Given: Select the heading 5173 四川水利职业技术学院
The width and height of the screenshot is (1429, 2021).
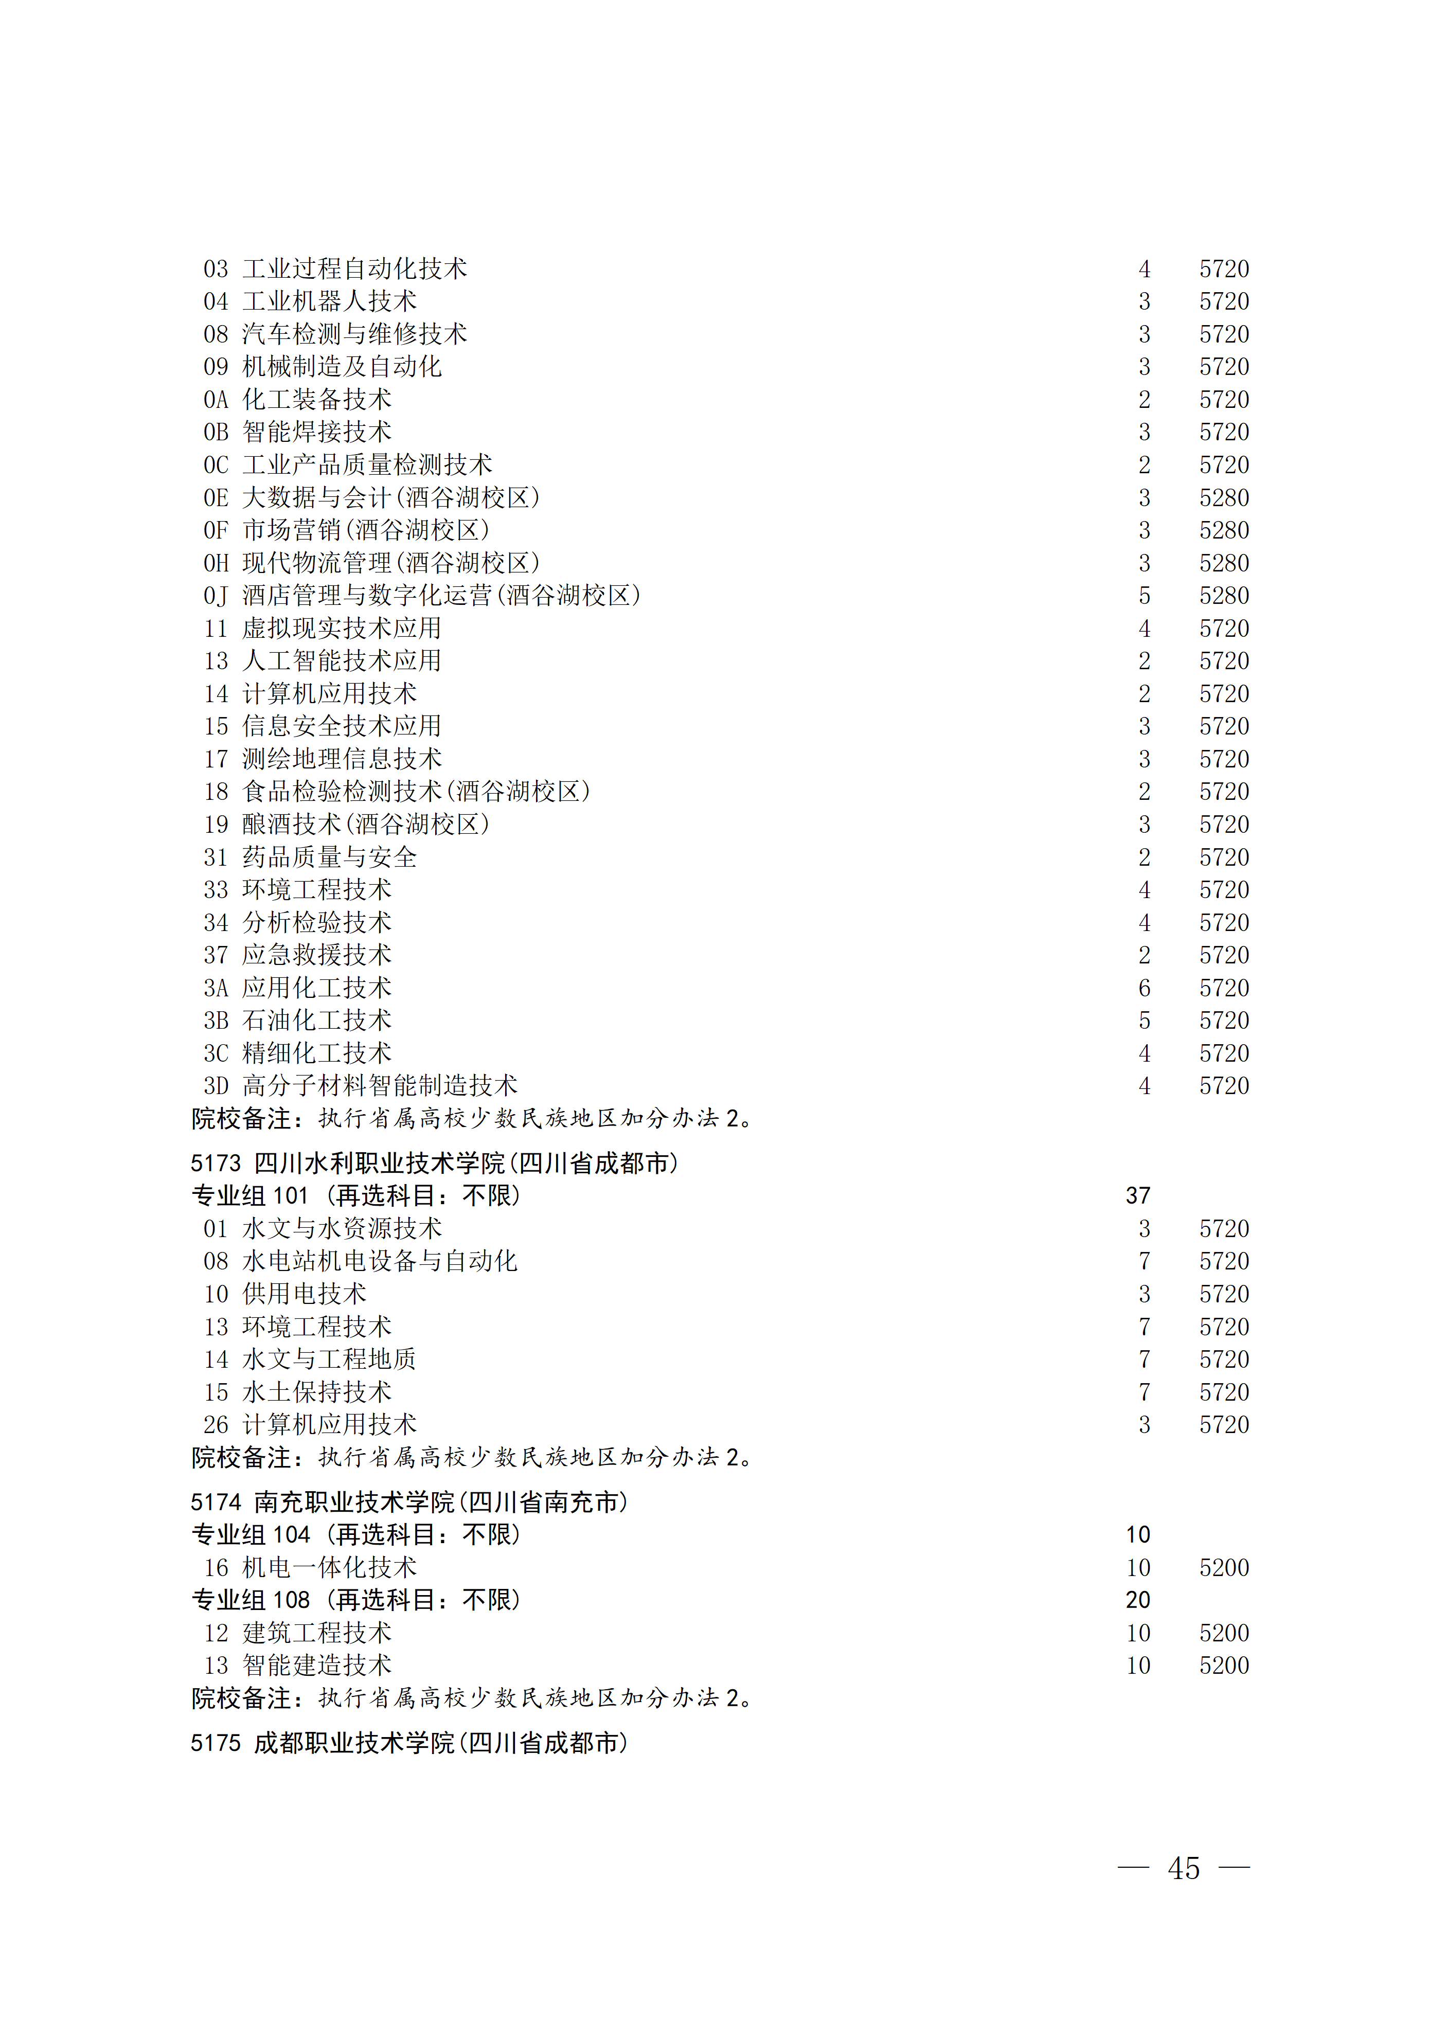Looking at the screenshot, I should tap(434, 1163).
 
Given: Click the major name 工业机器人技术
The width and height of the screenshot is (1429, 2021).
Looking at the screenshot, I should tap(329, 301).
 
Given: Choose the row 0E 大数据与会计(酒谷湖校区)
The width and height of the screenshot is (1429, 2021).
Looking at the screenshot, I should tap(371, 497).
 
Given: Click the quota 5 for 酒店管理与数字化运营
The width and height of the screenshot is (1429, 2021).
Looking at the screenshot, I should tap(1144, 596).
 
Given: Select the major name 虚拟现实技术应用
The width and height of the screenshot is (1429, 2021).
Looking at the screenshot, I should tap(342, 629).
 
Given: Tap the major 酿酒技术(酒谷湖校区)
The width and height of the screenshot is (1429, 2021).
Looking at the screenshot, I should tap(365, 824).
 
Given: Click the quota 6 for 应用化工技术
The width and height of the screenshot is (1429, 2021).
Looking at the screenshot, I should tap(1144, 988).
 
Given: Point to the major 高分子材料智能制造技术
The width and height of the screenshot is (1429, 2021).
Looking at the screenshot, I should tap(380, 1085).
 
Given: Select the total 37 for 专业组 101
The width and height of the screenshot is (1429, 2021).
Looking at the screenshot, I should tap(1137, 1195).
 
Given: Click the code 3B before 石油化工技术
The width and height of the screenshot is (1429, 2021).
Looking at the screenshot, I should tap(216, 1020).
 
